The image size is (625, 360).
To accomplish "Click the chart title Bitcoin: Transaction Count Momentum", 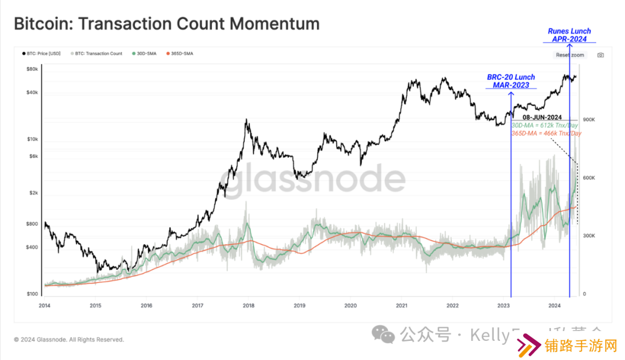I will click(166, 24).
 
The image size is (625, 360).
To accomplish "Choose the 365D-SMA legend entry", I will click(180, 53).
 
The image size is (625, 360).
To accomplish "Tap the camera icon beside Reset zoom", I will click(600, 55).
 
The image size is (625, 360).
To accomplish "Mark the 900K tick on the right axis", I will click(589, 120).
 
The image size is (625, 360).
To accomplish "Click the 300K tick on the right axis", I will click(589, 236).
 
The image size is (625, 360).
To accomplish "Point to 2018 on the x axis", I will click(248, 305).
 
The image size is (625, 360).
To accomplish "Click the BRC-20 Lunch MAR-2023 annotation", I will click(510, 81).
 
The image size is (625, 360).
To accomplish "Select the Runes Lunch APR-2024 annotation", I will click(569, 35).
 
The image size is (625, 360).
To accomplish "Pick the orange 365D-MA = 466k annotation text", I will click(546, 133).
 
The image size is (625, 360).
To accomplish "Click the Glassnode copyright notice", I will click(69, 340).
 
